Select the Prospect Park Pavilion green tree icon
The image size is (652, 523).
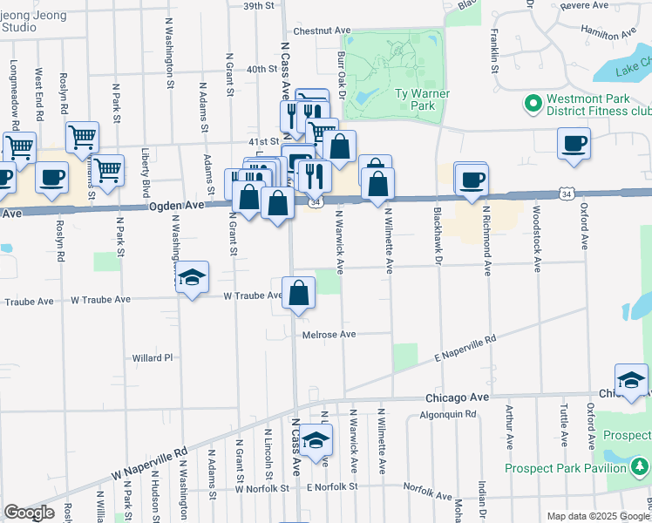point(641,468)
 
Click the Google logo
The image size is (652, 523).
point(28,513)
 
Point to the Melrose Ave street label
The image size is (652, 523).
point(329,335)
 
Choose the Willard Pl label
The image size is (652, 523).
point(153,357)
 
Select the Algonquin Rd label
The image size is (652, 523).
point(448,415)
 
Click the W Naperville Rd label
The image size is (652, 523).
point(150,465)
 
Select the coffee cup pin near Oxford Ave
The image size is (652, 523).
point(574,144)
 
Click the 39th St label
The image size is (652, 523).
point(259,5)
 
